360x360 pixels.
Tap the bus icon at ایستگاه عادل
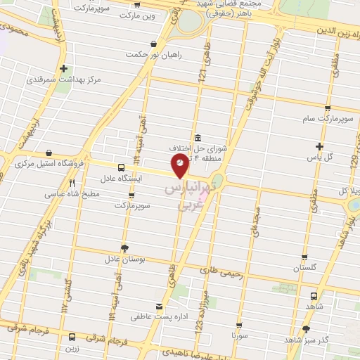point(121,168)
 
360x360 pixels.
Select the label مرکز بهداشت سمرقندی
point(64,79)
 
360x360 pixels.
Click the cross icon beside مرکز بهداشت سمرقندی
point(64,68)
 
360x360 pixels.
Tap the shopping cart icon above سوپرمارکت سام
point(327,108)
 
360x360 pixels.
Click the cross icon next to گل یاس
point(319,146)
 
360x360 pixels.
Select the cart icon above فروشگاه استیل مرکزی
point(48,153)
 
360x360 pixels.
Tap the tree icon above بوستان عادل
point(124,247)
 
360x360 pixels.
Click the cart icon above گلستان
point(304,257)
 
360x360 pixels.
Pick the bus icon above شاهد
point(314,296)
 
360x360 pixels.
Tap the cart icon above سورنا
point(240,326)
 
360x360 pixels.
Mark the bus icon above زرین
point(72,337)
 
